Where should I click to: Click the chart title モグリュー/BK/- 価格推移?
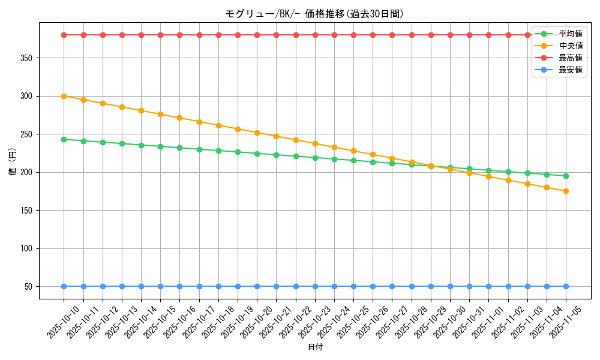point(314,14)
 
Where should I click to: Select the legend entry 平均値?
point(571,34)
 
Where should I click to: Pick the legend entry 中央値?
point(571,46)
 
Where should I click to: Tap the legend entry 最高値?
point(571,58)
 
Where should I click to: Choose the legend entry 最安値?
point(571,70)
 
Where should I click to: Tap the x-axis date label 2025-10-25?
point(354,322)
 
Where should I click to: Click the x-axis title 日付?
point(315,347)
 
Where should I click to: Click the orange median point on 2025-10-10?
point(64,96)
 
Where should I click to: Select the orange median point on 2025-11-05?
point(566,191)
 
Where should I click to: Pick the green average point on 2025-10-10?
point(64,139)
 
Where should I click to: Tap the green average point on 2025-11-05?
point(566,176)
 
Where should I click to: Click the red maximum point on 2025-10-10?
point(64,35)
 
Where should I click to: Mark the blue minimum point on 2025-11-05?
point(566,286)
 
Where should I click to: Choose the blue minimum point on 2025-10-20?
point(257,286)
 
